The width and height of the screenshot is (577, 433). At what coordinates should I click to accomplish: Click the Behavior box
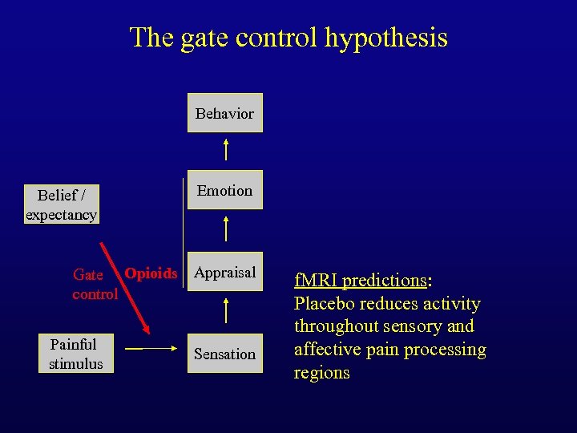224,113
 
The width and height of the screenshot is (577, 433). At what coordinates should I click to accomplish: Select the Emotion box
224,190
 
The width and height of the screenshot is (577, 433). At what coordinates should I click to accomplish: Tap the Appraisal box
224,273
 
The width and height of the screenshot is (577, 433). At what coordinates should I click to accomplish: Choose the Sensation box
224,354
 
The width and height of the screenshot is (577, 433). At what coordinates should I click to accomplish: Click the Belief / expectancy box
61,204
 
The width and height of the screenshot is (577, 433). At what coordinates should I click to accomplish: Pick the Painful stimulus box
75,354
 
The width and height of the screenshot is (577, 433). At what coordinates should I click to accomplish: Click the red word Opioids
151,273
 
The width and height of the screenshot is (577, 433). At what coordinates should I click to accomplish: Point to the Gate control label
95,285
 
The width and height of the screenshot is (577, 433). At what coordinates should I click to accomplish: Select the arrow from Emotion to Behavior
226,149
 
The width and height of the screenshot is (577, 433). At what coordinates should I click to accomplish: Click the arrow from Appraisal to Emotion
226,229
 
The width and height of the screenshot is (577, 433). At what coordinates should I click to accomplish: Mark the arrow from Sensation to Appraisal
226,310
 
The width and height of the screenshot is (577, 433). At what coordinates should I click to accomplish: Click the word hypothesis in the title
386,37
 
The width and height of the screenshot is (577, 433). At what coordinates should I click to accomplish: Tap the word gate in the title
198,37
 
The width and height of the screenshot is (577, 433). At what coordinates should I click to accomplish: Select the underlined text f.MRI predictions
361,281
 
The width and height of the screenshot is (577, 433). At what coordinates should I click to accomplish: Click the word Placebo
324,304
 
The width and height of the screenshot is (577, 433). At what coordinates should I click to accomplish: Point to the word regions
322,373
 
